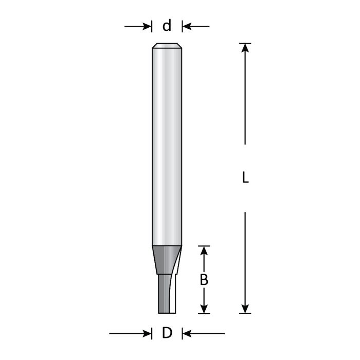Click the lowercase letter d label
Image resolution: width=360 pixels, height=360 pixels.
(167, 26)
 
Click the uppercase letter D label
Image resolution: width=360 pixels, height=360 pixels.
(167, 334)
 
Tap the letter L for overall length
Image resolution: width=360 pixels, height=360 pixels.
(245, 178)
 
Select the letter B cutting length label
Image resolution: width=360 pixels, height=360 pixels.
(204, 280)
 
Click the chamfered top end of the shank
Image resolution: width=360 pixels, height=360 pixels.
(167, 46)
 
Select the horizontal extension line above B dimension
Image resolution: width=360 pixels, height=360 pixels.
(204, 246)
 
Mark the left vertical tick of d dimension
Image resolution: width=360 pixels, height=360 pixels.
(152, 26)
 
